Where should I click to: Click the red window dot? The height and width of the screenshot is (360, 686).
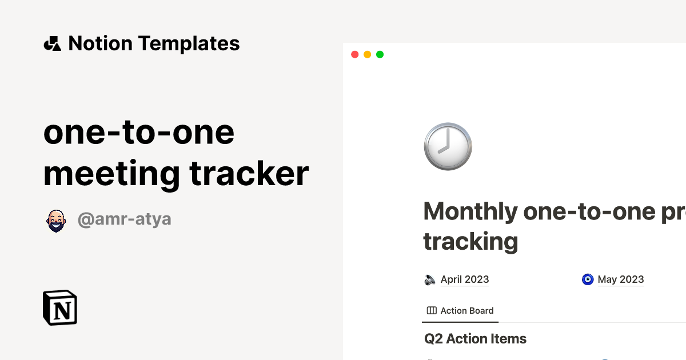coord(354,54)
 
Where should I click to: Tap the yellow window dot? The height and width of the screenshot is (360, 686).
coord(367,54)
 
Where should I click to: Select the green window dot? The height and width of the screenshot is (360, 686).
coord(380,54)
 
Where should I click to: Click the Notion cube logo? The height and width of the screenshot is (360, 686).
coord(60,307)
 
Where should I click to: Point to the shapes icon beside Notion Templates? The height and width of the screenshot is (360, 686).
coord(53,43)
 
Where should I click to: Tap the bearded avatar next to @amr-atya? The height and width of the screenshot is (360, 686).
coord(55,220)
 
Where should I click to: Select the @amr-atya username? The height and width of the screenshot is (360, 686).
coord(125,219)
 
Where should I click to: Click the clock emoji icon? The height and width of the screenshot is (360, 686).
coord(448,146)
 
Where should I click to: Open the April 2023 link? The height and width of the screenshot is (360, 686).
coord(464,279)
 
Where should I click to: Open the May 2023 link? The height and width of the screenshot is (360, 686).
coord(620,279)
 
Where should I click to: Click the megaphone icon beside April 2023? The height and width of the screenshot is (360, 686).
coord(430,279)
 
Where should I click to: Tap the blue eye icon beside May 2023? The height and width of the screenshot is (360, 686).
coord(588,279)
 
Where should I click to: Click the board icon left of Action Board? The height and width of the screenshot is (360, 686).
coord(432,311)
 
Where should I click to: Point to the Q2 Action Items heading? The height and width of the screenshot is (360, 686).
coord(475,339)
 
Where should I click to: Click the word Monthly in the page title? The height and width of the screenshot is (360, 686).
coord(470,212)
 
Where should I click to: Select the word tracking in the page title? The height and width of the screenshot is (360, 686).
coord(470,241)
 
